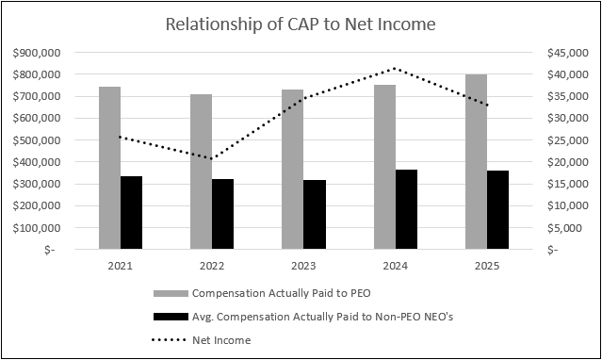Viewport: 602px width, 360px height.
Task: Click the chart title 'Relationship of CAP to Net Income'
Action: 301,24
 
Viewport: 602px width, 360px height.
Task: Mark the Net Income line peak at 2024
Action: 395,69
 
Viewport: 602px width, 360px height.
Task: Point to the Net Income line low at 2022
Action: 212,158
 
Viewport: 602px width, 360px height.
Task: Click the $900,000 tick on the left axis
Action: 34,53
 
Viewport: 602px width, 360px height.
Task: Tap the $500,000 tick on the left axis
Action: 34,140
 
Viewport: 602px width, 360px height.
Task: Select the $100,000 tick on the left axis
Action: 34,228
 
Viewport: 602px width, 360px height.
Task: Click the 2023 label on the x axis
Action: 303,267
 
